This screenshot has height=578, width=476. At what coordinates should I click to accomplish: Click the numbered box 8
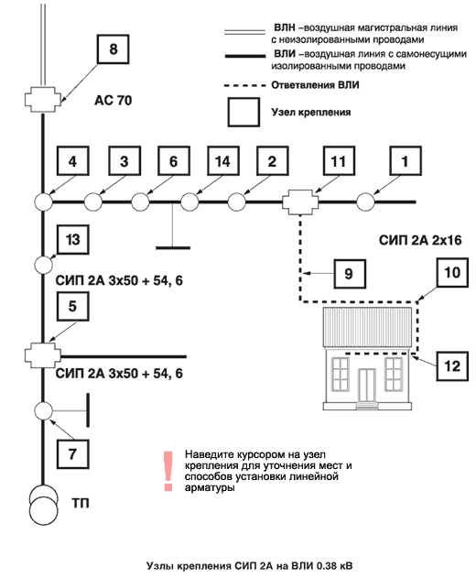pyautogui.click(x=114, y=49)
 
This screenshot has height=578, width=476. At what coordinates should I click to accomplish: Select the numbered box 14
pyautogui.click(x=223, y=160)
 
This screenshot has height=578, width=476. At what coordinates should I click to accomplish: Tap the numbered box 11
pyautogui.click(x=339, y=160)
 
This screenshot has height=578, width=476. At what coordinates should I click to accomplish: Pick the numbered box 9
pyautogui.click(x=350, y=274)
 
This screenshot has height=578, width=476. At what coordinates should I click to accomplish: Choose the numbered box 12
pyautogui.click(x=452, y=366)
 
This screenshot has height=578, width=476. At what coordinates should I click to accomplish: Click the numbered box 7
pyautogui.click(x=72, y=453)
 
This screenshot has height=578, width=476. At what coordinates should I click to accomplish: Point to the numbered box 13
pyautogui.click(x=72, y=240)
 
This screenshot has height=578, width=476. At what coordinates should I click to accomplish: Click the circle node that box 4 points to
pyautogui.click(x=43, y=202)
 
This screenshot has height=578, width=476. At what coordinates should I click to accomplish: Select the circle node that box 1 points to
pyautogui.click(x=365, y=202)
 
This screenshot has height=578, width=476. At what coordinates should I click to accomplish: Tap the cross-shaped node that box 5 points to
pyautogui.click(x=42, y=355)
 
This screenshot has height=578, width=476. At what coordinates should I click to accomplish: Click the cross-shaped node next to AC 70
pyautogui.click(x=42, y=100)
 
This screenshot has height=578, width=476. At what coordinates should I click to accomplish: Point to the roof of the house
pyautogui.click(x=367, y=327)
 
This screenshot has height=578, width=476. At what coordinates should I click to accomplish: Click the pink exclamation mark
pyautogui.click(x=168, y=471)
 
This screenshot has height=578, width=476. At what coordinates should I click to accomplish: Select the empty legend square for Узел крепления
pyautogui.click(x=243, y=113)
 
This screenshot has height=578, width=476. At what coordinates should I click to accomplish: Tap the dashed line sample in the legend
pyautogui.click(x=244, y=85)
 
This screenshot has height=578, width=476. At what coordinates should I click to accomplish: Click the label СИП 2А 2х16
pyautogui.click(x=420, y=240)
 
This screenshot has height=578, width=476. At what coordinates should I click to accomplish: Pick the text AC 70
pyautogui.click(x=114, y=100)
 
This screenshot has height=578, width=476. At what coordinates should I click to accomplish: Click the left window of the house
pyautogui.click(x=340, y=374)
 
